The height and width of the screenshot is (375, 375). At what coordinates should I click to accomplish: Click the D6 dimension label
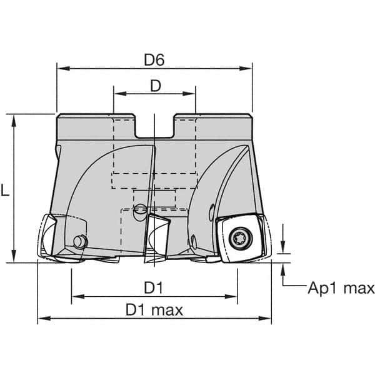point(154,60)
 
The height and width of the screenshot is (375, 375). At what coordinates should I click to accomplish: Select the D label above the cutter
point(156,86)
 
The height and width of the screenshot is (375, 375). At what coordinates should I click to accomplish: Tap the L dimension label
point(5,191)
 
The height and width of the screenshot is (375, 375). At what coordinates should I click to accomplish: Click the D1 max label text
point(154,310)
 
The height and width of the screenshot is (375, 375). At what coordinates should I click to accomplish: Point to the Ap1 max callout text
point(341,288)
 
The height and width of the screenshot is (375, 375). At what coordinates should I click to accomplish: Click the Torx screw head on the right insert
point(241,238)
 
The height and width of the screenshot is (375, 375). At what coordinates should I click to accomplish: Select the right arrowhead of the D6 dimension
point(246,69)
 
